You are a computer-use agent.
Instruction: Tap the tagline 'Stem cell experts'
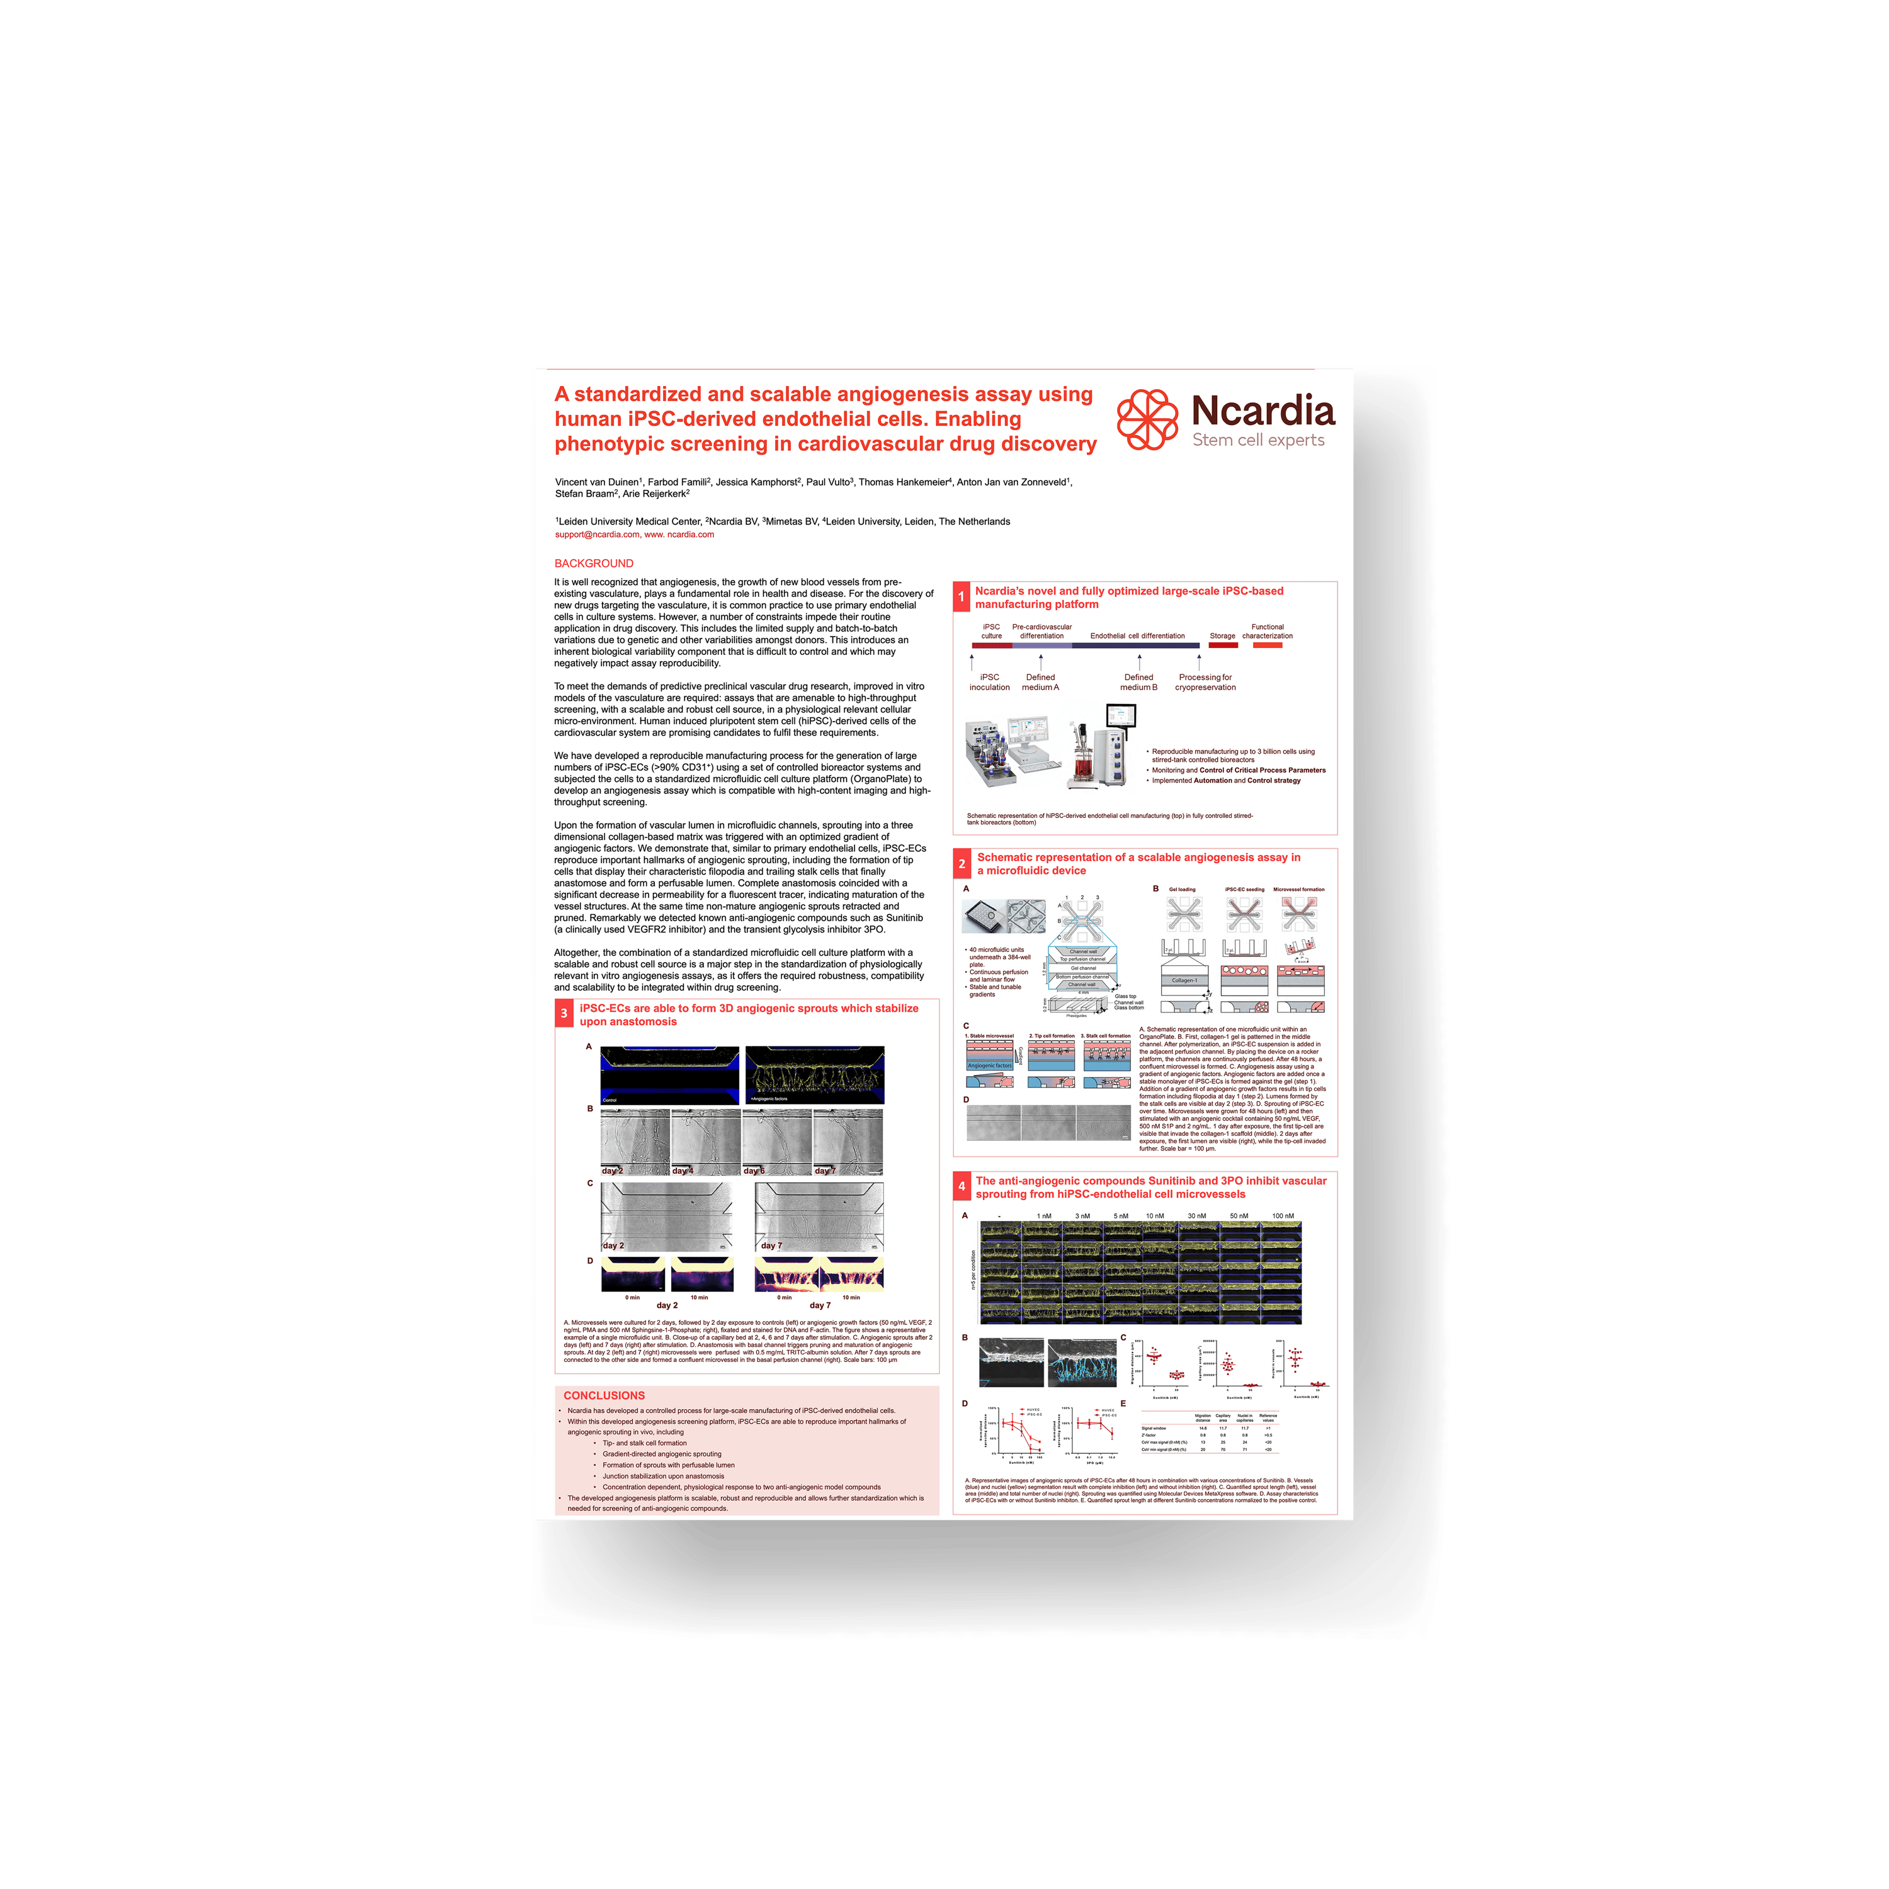tap(1257, 440)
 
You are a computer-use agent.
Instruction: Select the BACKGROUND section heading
tap(594, 563)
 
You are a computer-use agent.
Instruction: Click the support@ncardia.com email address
tap(596, 535)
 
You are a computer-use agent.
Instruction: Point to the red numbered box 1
tap(961, 596)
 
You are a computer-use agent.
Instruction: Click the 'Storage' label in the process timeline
tap(1222, 635)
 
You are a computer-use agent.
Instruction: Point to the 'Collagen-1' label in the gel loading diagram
tap(1184, 980)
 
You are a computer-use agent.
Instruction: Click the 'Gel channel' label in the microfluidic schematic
tap(1083, 968)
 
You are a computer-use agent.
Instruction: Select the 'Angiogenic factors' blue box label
tap(989, 1066)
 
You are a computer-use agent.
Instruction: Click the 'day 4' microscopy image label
tap(683, 1171)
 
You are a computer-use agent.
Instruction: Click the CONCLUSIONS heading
tap(604, 1395)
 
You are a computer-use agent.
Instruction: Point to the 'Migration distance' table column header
tap(1203, 1417)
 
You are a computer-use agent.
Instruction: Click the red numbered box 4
tap(961, 1186)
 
